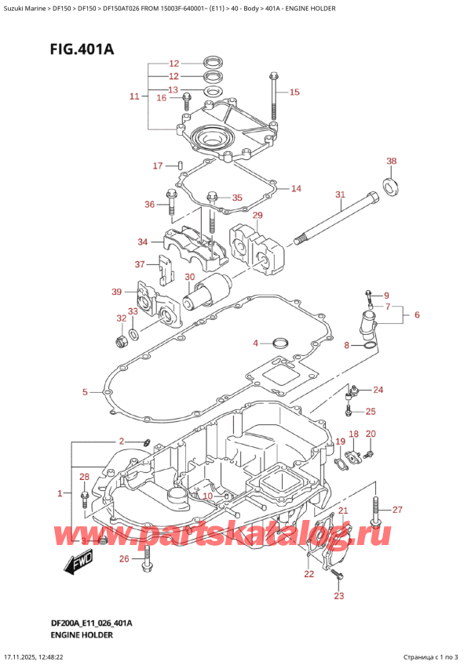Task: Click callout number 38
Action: (392, 162)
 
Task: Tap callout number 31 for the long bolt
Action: (339, 194)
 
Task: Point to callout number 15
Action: (294, 93)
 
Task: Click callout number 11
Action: (134, 96)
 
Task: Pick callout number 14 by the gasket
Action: (295, 188)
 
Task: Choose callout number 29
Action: (257, 216)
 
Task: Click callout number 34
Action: (142, 242)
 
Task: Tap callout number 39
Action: (116, 292)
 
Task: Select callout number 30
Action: (189, 277)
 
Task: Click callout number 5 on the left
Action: (85, 391)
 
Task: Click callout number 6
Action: (417, 314)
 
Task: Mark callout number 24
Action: (378, 390)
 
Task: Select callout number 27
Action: (397, 511)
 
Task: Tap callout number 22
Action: (308, 575)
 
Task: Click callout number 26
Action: (124, 558)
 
